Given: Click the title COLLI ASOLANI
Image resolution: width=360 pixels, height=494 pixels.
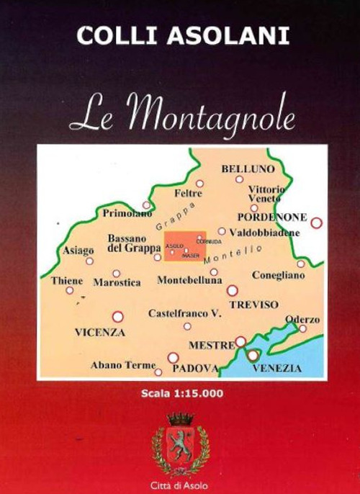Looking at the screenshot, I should click(x=184, y=36).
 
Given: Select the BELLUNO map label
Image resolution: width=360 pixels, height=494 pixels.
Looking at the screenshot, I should click(x=248, y=168).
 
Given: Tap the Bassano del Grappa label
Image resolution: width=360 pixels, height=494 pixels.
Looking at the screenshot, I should click(x=133, y=243).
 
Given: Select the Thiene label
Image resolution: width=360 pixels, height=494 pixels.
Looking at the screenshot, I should click(x=66, y=281).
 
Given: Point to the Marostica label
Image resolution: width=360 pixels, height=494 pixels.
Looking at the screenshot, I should click(x=117, y=282).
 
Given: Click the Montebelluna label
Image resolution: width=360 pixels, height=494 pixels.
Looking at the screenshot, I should click(x=189, y=279).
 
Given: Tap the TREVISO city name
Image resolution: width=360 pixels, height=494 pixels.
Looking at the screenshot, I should click(x=253, y=304).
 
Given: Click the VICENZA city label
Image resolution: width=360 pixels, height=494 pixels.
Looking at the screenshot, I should click(x=100, y=332).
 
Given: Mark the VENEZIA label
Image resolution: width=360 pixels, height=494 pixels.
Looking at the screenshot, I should click(x=277, y=368).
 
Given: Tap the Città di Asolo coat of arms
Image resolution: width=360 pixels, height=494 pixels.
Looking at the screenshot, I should click(x=181, y=444).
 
